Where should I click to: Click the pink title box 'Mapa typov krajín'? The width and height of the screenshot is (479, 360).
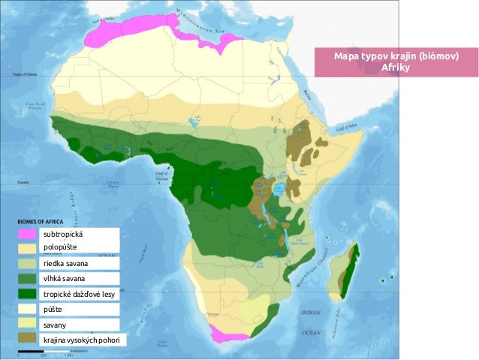[396, 62]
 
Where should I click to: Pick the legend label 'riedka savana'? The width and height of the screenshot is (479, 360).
[65, 264]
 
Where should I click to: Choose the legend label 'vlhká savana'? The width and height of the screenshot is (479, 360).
[64, 279]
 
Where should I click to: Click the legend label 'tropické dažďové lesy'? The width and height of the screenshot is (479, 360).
[79, 294]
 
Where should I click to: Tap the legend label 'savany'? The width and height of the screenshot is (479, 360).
[56, 325]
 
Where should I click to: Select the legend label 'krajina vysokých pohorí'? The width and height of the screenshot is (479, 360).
[83, 340]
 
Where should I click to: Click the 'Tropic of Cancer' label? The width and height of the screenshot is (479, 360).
[26, 74]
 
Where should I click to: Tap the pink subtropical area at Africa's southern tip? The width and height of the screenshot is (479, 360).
[226, 334]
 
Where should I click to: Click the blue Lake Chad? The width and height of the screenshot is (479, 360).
[196, 120]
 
